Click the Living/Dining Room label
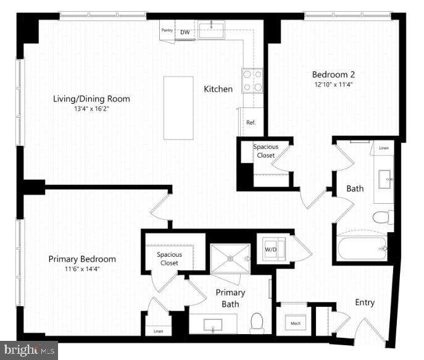pyautogui.click(x=91, y=99)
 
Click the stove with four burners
pyautogui.click(x=252, y=80)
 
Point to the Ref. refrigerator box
pyautogui.click(x=251, y=122)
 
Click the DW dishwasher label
pyautogui.click(x=185, y=32)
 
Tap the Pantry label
pyautogui.click(x=167, y=30)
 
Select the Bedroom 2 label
pyautogui.click(x=333, y=75)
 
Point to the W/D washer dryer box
pyautogui.click(x=270, y=249)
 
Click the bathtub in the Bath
pyautogui.click(x=362, y=249)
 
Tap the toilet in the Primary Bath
pyautogui.click(x=257, y=321)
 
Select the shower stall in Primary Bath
pyautogui.click(x=230, y=258)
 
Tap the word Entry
pyautogui.click(x=364, y=303)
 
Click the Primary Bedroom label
pyautogui.click(x=82, y=259)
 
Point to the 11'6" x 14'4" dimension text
pyautogui.click(x=82, y=269)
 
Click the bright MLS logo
pyautogui.click(x=29, y=350)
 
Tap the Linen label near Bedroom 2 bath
pyautogui.click(x=383, y=148)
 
